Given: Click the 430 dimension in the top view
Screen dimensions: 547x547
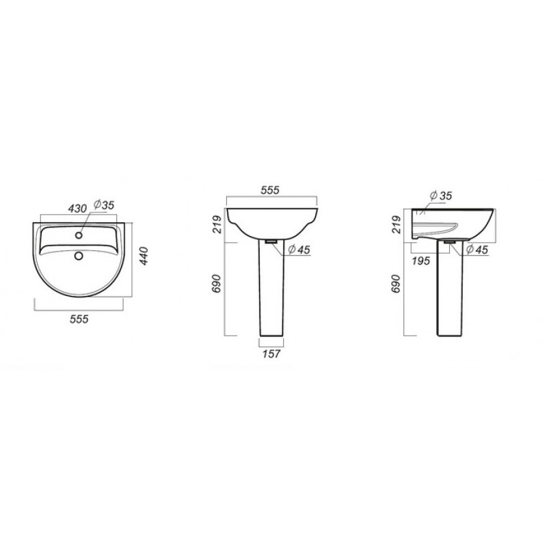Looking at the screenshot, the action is pos(77,209).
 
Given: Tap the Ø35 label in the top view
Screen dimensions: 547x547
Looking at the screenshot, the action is pos(104,204).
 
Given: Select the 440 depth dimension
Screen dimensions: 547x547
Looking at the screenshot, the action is pos(144,256).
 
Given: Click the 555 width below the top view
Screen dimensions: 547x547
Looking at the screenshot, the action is pos(79,319).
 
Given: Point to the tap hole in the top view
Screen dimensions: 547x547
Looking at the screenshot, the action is pos(79,235).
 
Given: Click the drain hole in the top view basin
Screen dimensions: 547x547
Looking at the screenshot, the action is pos(79,256).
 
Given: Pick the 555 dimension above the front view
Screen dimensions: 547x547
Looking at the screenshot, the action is pos(270,190).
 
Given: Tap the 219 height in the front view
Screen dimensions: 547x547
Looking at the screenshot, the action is pos(217,224).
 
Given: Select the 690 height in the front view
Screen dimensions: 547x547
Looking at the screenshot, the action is pos(217,284).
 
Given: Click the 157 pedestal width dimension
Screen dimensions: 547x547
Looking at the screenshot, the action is pos(271,353).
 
